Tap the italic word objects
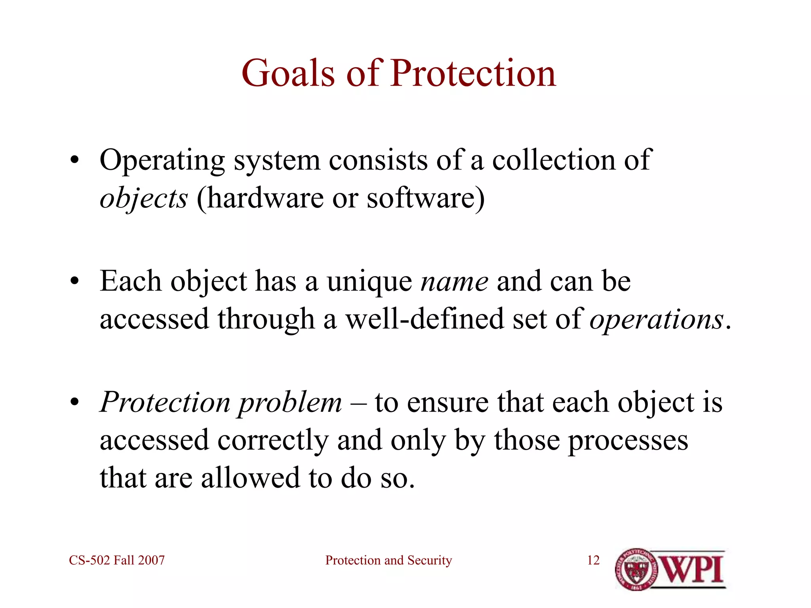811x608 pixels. point(143,198)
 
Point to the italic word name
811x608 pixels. point(454,282)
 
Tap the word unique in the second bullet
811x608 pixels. point(369,282)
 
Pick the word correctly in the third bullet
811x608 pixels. point(273,441)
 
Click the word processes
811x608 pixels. point(628,441)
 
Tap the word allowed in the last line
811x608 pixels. point(250,478)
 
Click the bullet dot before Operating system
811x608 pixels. point(74,161)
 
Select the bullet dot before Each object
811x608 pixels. point(74,282)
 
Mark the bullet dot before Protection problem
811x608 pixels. point(74,403)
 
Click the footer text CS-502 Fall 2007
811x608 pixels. point(117,560)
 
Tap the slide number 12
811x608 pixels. point(593,560)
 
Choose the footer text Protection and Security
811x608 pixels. point(388,560)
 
